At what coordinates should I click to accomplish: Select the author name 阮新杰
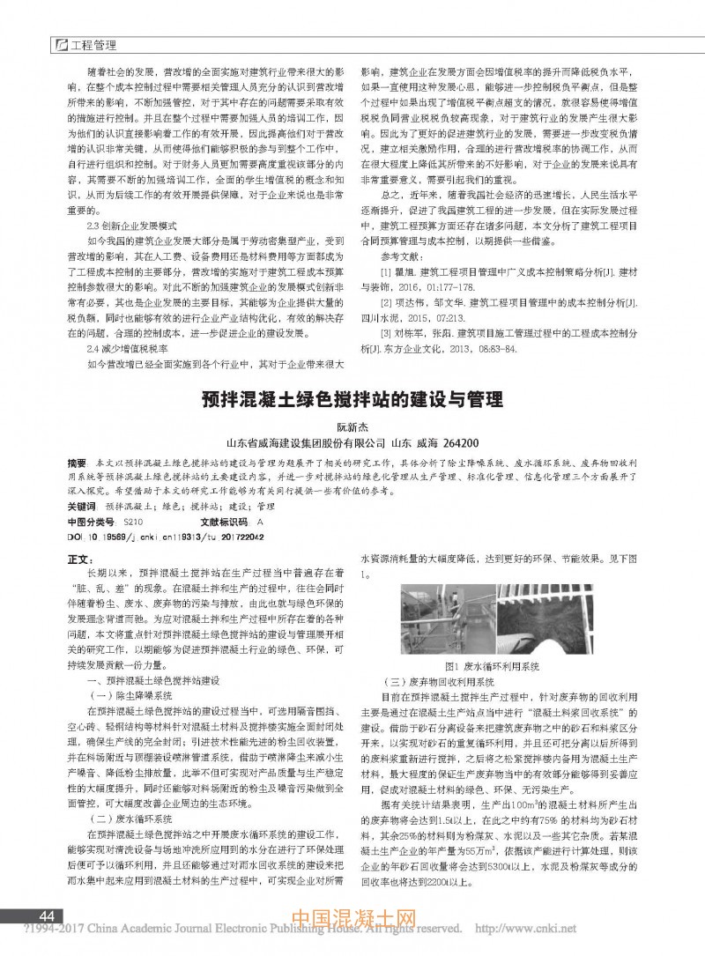pos(352,426)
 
